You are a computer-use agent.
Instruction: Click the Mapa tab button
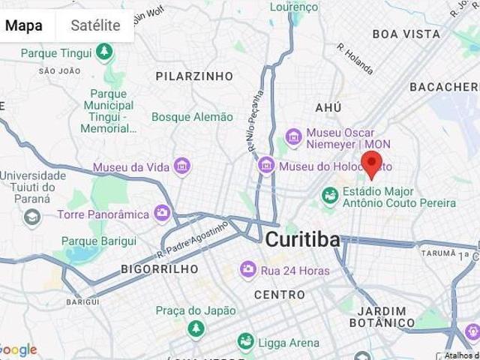[x=24, y=25]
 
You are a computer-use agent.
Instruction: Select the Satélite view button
[x=95, y=25]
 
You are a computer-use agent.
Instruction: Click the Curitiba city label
[x=302, y=240]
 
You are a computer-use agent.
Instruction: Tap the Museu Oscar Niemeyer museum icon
[x=293, y=138]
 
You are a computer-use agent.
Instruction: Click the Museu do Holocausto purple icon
[x=265, y=165]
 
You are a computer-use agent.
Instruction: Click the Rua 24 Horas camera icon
[x=247, y=270]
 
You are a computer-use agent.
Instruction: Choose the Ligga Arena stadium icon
[x=245, y=343]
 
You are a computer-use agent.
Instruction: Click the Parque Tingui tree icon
[x=106, y=52]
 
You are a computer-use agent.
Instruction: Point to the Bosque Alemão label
[x=192, y=117]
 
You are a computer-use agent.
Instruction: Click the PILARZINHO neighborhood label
[x=194, y=76]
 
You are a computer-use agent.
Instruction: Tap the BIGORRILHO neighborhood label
[x=160, y=268]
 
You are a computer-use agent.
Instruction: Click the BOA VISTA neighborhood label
[x=406, y=34]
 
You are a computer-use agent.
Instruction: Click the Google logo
[x=18, y=349]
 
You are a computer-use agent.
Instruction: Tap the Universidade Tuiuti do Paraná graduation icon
[x=31, y=217]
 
